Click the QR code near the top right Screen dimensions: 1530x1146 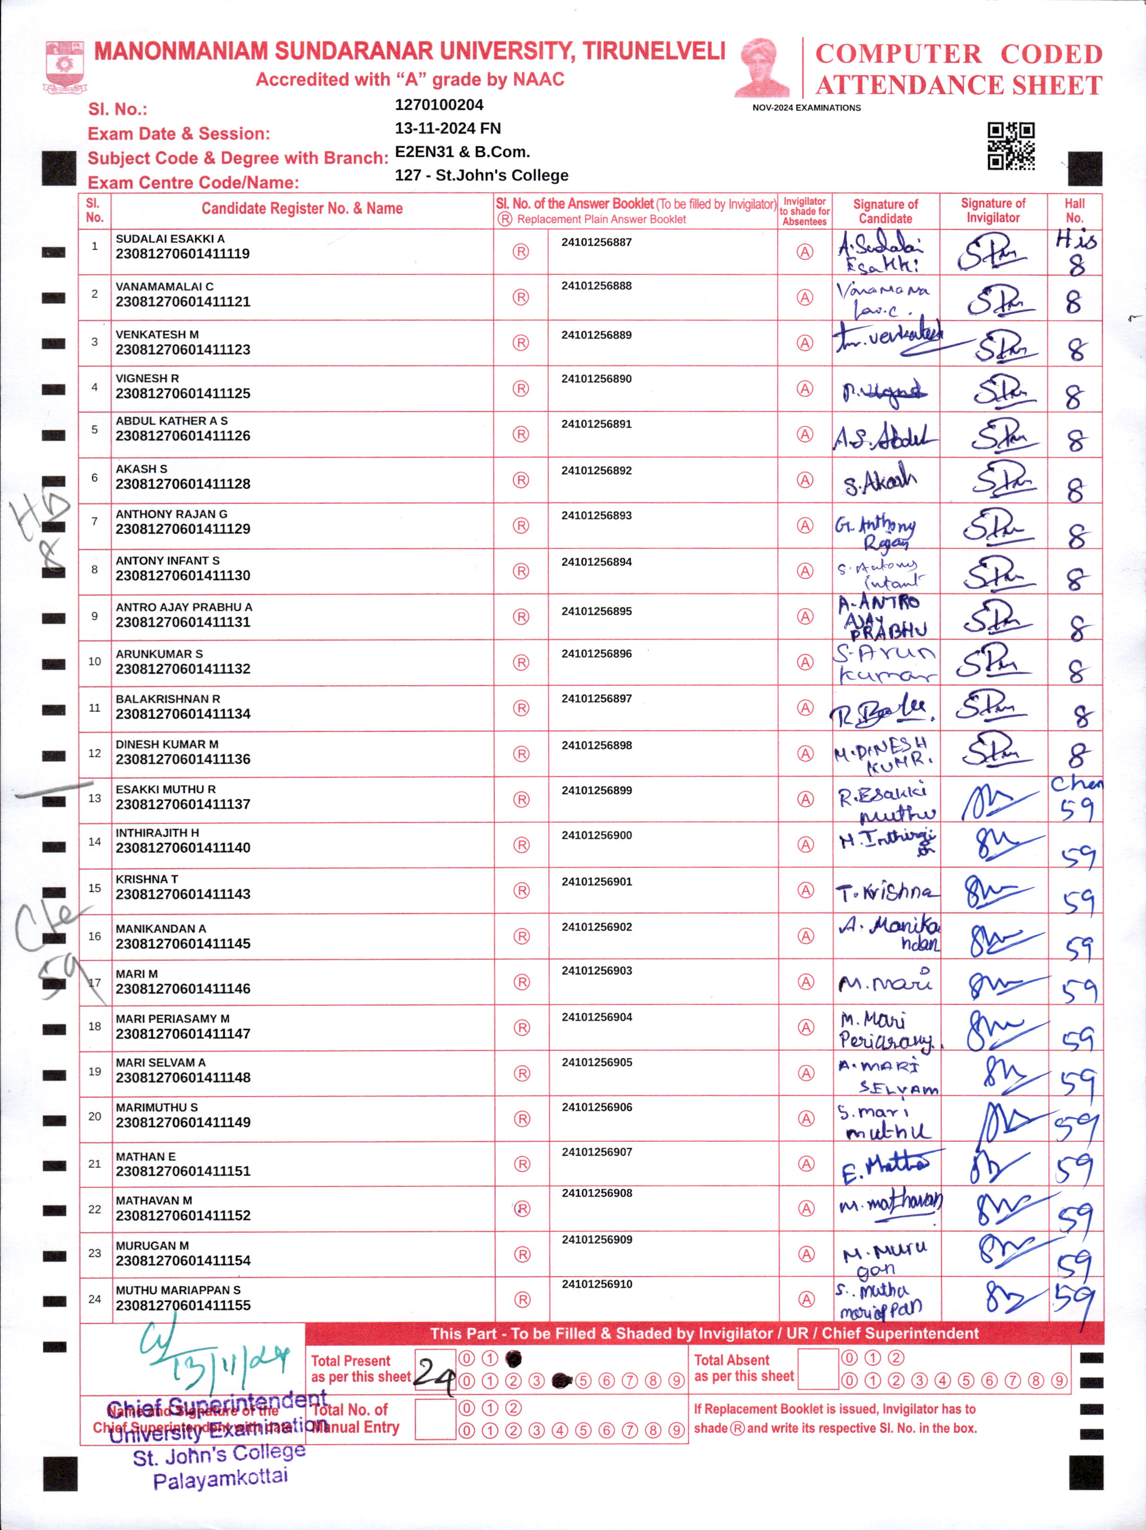pos(1011,146)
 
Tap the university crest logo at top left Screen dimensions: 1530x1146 pos(65,66)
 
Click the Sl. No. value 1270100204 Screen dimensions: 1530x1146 pos(439,105)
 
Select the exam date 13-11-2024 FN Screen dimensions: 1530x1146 pos(447,128)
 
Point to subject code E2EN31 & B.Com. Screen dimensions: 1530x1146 pos(462,152)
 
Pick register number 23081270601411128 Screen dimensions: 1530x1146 pos(183,484)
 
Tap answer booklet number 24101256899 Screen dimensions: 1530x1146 pos(596,790)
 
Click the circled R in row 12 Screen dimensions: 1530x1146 pos(521,754)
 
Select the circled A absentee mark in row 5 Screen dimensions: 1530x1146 pos(804,434)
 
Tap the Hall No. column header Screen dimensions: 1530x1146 pos(1074,210)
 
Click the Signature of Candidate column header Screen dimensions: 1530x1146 pos(885,211)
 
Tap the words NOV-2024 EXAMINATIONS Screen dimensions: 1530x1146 pos(807,108)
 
